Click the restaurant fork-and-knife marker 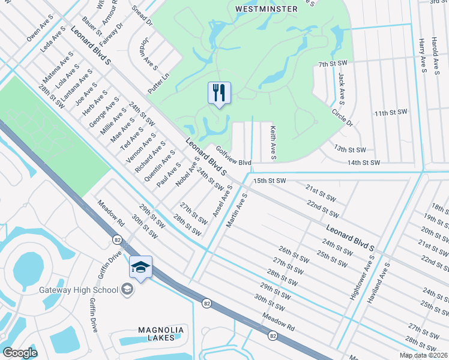click(219, 93)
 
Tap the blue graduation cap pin click(140, 268)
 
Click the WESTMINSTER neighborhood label click(267, 9)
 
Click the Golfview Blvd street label click(233, 158)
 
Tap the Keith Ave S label click(273, 142)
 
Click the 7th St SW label click(333, 63)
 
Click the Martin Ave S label click(237, 209)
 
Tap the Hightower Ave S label click(361, 277)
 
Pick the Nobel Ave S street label click(188, 171)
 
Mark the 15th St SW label click(270, 180)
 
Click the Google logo click(20, 352)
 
